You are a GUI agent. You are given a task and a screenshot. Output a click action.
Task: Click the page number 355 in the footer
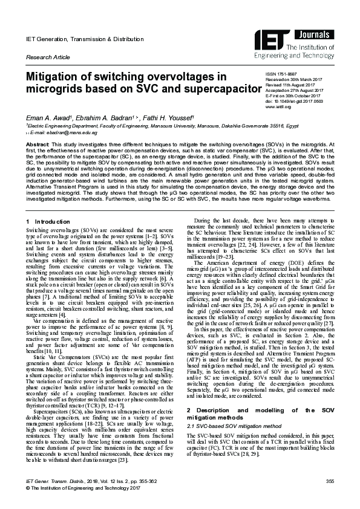[330, 481]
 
